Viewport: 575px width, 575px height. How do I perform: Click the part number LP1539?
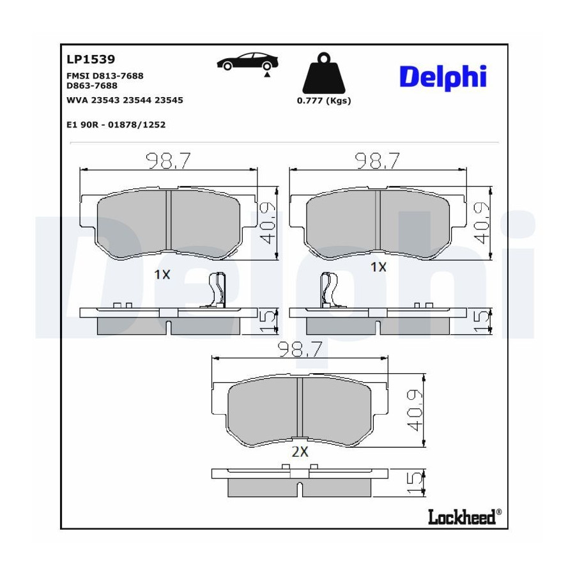[91, 59]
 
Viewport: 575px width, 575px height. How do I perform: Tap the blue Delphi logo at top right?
[443, 77]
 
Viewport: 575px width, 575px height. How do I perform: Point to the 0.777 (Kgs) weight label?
[324, 100]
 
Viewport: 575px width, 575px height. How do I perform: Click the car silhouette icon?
[247, 61]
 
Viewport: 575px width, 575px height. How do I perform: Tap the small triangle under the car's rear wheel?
[267, 75]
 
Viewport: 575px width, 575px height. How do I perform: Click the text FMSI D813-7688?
[105, 76]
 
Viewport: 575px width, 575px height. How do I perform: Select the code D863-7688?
[92, 86]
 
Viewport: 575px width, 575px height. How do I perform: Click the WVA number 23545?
[169, 100]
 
